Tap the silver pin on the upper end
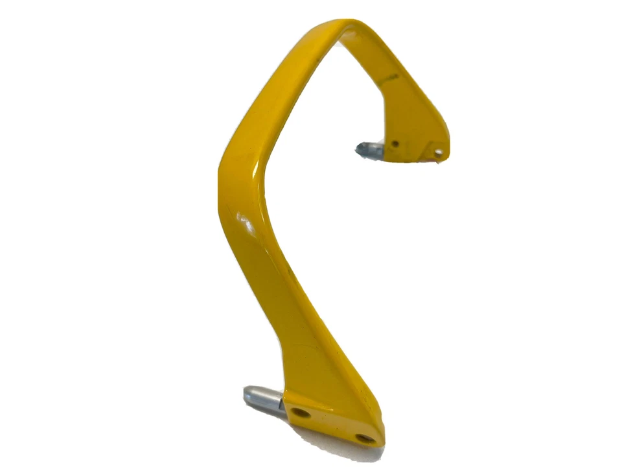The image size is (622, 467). coord(371,150)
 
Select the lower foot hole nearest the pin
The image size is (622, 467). coord(300,413)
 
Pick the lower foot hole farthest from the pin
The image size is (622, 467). coord(365,438)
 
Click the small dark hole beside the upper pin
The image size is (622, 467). coord(395,144)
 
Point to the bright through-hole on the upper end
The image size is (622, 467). coord(439,153)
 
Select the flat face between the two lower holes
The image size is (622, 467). coord(332,425)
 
